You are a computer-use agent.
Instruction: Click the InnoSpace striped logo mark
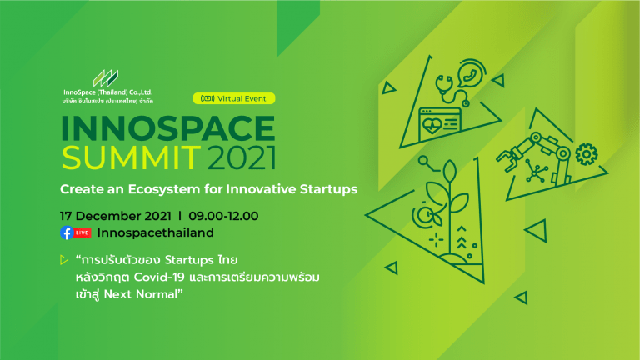point(106,78)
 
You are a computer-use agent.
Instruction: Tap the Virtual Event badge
point(234,98)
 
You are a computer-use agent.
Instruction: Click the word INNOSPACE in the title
point(168,128)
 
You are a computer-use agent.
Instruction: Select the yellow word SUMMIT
point(132,157)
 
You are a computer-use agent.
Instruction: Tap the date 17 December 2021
point(116,216)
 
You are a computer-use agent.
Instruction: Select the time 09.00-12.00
point(223,216)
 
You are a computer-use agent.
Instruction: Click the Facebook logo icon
point(67,232)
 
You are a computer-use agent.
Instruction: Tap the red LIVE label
point(82,232)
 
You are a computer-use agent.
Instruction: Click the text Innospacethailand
point(156,232)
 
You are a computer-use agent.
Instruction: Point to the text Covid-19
point(159,277)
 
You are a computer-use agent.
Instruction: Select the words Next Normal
point(141,294)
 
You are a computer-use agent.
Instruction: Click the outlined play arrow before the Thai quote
point(63,260)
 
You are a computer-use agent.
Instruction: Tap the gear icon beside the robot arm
point(587,154)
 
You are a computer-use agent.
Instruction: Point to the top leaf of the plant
point(449,172)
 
